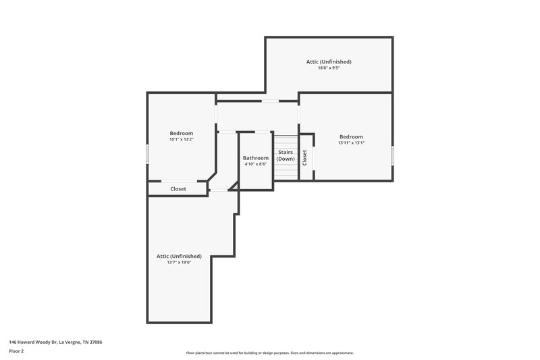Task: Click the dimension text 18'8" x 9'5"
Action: (x=329, y=68)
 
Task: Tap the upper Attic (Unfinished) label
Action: (x=329, y=61)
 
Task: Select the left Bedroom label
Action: (x=181, y=133)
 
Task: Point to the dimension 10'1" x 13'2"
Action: (x=181, y=139)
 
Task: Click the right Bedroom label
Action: (x=351, y=136)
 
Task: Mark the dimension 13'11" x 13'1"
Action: (x=351, y=143)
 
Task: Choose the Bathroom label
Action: (x=256, y=158)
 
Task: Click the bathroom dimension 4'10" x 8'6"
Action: (x=256, y=164)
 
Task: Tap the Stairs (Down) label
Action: (x=286, y=155)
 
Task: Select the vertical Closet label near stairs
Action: (x=305, y=157)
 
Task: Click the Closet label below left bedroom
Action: (x=178, y=189)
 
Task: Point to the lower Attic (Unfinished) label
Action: (x=179, y=256)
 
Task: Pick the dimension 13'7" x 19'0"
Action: (x=179, y=262)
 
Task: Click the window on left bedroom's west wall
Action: (x=148, y=153)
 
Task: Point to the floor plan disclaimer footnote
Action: (x=269, y=353)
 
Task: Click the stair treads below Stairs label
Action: (x=286, y=172)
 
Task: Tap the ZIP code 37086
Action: (x=96, y=342)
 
